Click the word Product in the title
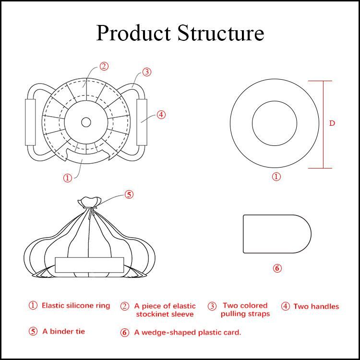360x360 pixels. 134,33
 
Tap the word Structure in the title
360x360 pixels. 221,33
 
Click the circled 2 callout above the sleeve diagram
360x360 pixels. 104,66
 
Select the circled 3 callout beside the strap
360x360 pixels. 147,72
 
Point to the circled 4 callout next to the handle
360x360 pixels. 161,115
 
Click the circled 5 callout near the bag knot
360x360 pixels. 129,194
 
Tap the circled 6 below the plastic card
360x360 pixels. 277,268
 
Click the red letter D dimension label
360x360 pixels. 332,123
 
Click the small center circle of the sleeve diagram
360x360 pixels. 86,122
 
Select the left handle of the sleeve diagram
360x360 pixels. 31,122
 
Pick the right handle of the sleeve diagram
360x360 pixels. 142,122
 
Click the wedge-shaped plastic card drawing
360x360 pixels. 276,234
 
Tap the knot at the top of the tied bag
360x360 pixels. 90,201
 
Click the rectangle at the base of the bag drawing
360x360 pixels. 90,265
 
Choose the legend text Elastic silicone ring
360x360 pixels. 76,305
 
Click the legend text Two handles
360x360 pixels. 316,306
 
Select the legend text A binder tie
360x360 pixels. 64,331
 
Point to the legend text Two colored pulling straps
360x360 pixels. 245,310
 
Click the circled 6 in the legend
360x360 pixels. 125,333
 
